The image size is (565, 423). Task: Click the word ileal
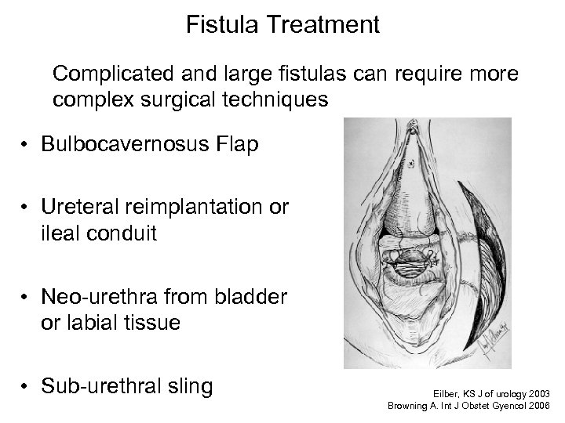(x=72, y=233)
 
